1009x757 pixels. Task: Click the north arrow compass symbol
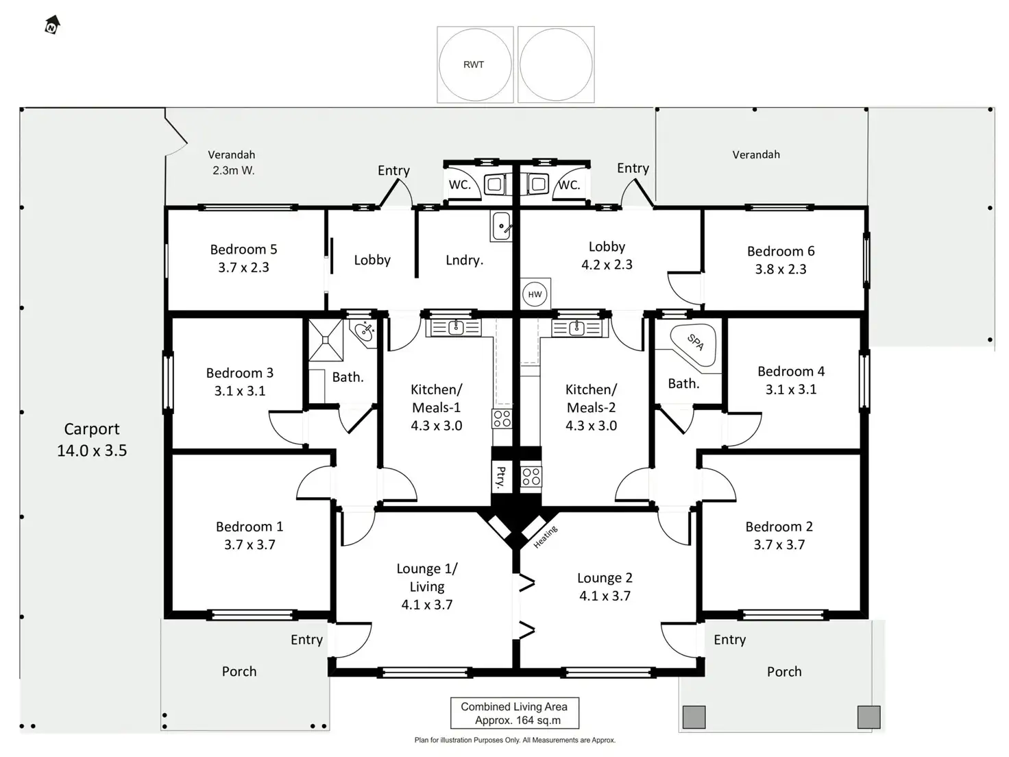(x=52, y=25)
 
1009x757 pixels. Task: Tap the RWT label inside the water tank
(x=474, y=64)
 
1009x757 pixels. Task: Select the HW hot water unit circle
(x=535, y=294)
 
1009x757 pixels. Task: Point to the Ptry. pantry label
(x=501, y=476)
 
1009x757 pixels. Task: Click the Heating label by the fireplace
(x=546, y=537)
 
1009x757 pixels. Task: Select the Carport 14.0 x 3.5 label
(x=92, y=440)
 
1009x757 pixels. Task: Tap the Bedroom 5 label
(x=243, y=250)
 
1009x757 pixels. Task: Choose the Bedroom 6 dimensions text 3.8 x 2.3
(x=781, y=269)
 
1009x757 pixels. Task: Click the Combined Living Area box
(x=514, y=713)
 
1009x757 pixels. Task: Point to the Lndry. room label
(x=464, y=260)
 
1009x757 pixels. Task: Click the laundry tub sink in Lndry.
(x=502, y=226)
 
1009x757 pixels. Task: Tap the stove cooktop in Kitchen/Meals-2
(x=531, y=477)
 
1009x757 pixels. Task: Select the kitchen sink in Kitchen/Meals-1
(x=454, y=328)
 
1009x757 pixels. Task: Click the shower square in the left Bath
(x=326, y=339)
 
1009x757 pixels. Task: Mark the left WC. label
(x=459, y=184)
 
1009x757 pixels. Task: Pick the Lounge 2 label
(x=605, y=578)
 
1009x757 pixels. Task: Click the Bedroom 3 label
(x=240, y=373)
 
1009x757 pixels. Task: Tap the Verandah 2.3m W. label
(x=232, y=163)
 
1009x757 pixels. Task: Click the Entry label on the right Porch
(x=729, y=640)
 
